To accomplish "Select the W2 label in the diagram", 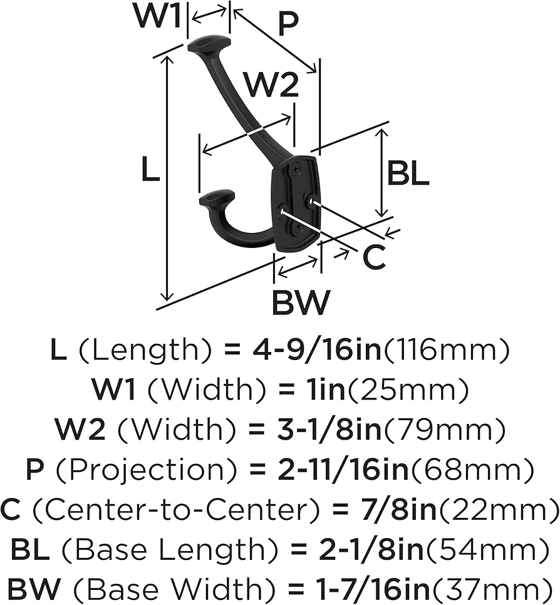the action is coord(272,85).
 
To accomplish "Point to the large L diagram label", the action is coord(150,170).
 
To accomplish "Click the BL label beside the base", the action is coord(408,173).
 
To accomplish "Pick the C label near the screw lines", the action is coord(373,257).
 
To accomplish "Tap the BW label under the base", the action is coord(301,302).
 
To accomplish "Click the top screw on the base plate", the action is coord(296,169).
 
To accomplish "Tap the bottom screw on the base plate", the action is coord(298,227).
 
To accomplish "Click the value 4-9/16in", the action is coord(317,349).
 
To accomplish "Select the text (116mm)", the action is coord(447,349).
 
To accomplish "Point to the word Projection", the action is coord(147,470).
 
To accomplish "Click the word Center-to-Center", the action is coord(176,510).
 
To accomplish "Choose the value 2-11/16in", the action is coord(343,470).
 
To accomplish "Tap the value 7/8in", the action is coord(398,510).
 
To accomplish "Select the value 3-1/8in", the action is coord(329,430).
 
